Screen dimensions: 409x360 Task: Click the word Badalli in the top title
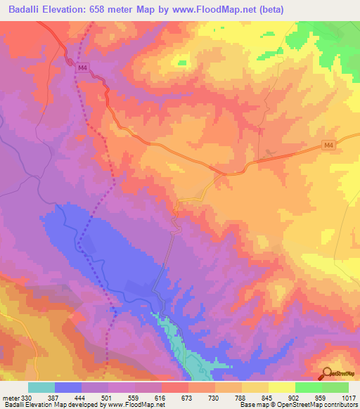[x=25, y=9]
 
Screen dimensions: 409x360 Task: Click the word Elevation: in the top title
[x=72, y=9]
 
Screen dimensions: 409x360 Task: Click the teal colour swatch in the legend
[x=41, y=388]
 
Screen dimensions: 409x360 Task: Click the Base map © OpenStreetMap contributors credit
[x=298, y=404]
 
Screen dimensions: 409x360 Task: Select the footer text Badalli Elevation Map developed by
[x=56, y=404]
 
